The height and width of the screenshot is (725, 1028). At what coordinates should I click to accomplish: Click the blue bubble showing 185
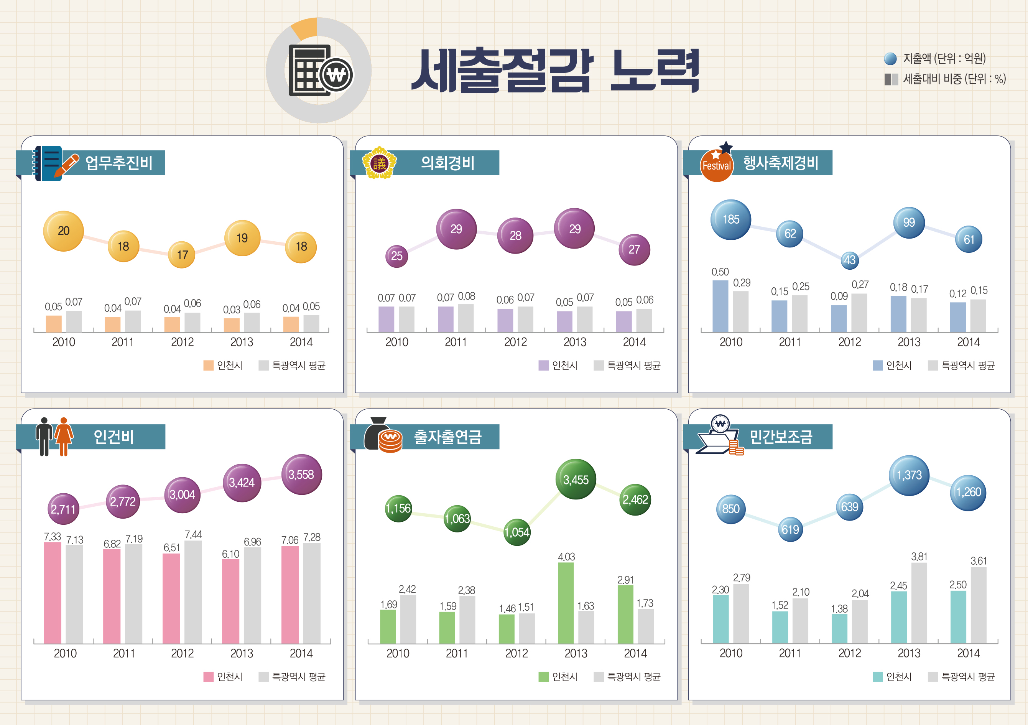(731, 219)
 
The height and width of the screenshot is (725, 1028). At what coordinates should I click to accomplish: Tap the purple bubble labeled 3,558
(301, 474)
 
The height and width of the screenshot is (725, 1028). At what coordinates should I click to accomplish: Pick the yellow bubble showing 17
(182, 255)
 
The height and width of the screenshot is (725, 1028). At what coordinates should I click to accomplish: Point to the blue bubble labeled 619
(790, 529)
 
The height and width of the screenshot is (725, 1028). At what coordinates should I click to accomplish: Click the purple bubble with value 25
(397, 256)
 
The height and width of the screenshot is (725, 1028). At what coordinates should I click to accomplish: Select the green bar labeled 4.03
(566, 602)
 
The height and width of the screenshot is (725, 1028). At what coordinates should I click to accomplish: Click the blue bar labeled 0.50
(720, 306)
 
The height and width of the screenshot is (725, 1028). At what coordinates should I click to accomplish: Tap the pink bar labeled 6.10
(230, 601)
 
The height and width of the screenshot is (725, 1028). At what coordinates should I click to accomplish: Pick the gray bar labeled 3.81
(919, 602)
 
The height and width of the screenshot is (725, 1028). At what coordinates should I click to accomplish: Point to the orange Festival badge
(716, 166)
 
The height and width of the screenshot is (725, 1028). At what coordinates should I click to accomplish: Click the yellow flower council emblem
(379, 163)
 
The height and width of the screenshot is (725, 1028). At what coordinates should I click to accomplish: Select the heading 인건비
(114, 437)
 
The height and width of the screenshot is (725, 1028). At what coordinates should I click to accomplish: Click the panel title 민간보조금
(781, 437)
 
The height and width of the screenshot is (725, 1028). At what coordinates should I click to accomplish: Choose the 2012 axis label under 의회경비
(515, 342)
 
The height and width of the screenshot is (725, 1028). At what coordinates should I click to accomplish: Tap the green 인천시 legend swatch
(543, 677)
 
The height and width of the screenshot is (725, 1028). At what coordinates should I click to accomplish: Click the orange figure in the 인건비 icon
(64, 436)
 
